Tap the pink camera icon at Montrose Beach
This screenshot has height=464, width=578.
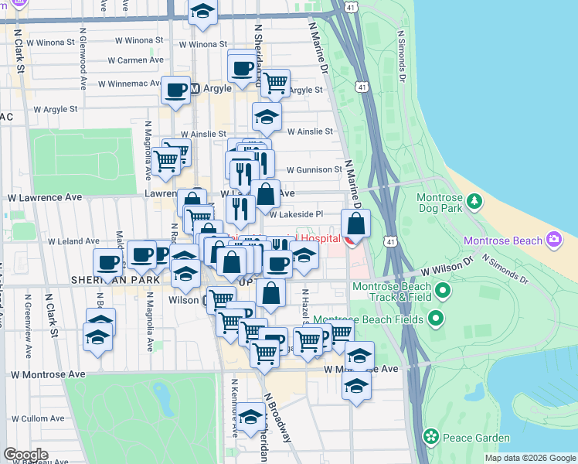(x=553, y=240)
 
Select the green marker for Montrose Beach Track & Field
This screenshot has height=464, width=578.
(x=443, y=292)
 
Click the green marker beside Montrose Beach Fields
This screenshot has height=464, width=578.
(x=436, y=318)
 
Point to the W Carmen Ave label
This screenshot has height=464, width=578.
(x=135, y=60)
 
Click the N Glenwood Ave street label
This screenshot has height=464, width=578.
(x=81, y=63)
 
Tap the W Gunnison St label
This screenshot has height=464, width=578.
(x=314, y=169)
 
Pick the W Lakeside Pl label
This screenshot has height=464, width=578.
(x=296, y=215)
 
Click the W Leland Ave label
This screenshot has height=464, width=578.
(x=73, y=241)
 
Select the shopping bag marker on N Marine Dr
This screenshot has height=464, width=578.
(x=355, y=225)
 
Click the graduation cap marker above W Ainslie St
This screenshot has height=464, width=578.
(x=267, y=117)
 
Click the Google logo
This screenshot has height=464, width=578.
(x=26, y=455)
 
